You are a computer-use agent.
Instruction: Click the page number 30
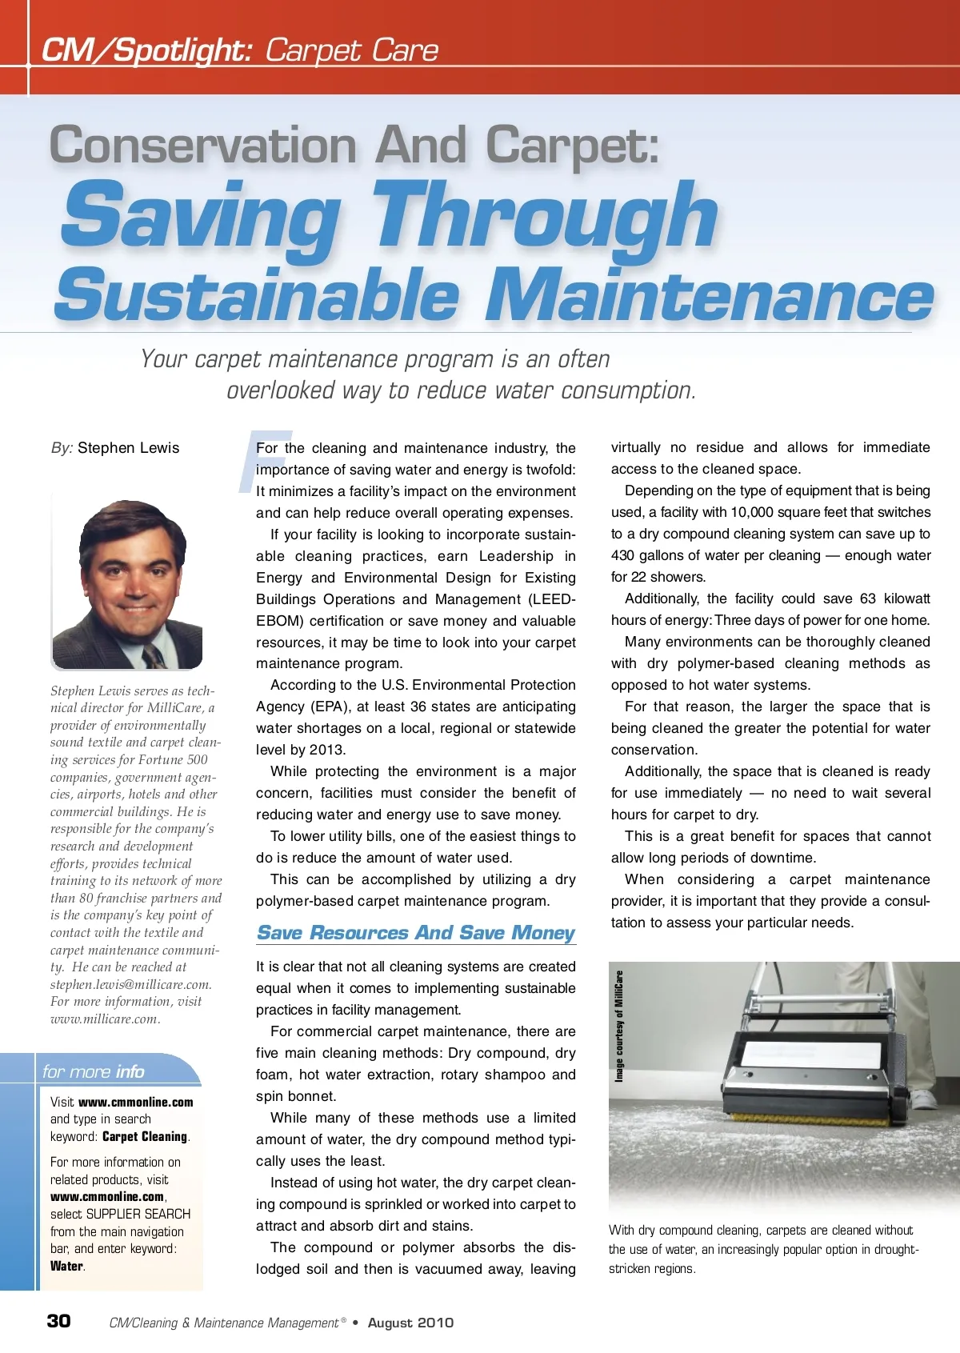58,1320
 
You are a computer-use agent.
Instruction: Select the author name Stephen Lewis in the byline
128,448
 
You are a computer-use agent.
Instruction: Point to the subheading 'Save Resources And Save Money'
415,933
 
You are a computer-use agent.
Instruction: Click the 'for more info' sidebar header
94,1071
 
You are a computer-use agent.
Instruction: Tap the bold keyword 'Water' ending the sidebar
66,1266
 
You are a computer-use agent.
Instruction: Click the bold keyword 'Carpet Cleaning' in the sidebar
145,1136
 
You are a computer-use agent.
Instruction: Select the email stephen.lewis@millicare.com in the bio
130,984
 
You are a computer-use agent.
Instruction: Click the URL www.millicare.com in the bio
105,1019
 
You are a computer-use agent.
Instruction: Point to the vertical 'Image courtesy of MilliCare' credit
618,1026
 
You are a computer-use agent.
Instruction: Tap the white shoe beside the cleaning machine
923,1098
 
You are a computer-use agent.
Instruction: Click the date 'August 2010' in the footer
410,1323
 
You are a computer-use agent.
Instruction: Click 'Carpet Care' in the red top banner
351,50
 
